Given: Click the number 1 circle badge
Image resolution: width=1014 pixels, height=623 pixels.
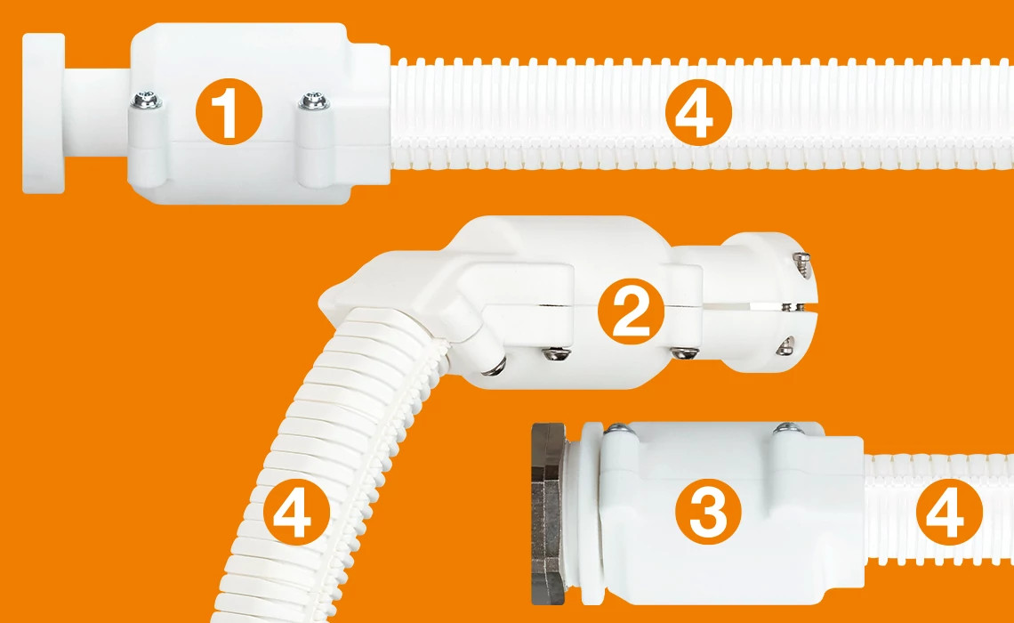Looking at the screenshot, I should (229, 114).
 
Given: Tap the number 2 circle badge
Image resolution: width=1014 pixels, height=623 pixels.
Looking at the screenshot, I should (631, 311).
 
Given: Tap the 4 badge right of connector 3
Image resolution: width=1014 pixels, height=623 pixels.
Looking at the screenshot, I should (946, 514).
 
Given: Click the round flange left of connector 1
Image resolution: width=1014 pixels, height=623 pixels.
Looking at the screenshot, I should (44, 112).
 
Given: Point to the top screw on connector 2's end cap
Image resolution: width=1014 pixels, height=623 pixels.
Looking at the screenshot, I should (802, 258).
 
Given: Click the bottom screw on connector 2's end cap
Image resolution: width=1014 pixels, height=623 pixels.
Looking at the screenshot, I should (785, 347).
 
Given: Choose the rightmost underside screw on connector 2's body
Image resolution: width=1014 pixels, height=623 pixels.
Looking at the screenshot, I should (682, 353).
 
